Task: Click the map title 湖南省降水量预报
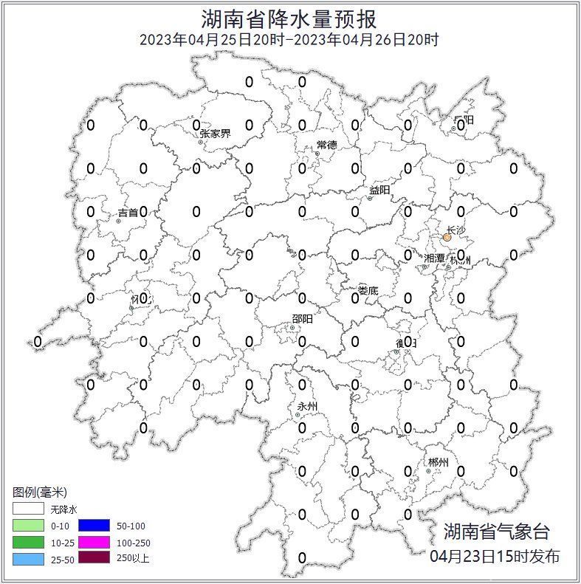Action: (289, 18)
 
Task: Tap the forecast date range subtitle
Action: (289, 40)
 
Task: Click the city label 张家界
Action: (215, 134)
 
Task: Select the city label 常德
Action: (326, 145)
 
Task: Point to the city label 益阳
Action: (379, 190)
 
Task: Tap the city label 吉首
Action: (128, 213)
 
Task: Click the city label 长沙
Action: (456, 230)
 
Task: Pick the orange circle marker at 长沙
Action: (447, 238)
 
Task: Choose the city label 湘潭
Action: (435, 258)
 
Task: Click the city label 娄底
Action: (368, 291)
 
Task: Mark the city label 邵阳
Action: (302, 318)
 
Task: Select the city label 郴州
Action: (438, 463)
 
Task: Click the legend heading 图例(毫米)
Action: (40, 492)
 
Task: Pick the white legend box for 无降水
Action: (28, 509)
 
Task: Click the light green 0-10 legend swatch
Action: (28, 526)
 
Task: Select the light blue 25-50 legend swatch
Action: (28, 558)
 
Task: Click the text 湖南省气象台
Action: (496, 531)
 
